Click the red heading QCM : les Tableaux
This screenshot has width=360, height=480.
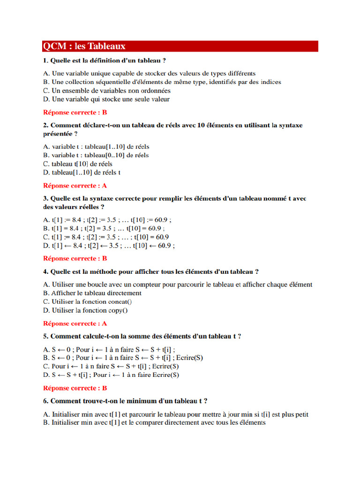coord(84,46)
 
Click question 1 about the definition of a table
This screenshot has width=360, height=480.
coord(104,60)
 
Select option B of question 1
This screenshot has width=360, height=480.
coord(162,82)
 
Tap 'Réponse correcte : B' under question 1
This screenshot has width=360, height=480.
coord(75,112)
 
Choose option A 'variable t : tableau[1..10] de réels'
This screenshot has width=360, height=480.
coord(96,147)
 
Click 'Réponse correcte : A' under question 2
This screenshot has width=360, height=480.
coord(75,186)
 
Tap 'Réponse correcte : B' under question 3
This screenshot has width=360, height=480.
coord(75,258)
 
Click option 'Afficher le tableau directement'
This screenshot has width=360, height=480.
coord(92,293)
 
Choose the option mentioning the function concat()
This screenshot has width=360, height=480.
coord(88,302)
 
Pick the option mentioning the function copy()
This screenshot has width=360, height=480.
coord(85,310)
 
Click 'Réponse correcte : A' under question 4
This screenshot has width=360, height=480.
coord(75,323)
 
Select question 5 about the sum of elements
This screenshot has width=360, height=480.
coord(142,337)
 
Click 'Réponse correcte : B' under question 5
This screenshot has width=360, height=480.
coord(75,388)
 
